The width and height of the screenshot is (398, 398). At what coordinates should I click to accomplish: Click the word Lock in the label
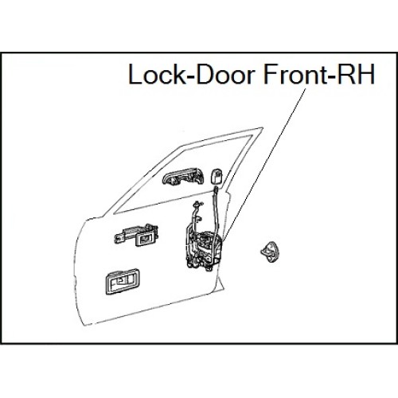coord(154,74)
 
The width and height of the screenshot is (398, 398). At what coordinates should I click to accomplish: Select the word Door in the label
coord(224,74)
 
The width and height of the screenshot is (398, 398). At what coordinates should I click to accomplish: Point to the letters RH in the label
coord(356,74)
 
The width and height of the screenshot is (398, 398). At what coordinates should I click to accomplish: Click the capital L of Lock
coord(135,74)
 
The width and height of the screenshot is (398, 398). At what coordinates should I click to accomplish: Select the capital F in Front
coord(270,74)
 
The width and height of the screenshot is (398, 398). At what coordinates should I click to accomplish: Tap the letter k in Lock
coord(174,74)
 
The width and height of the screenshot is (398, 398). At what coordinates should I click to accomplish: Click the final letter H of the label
coord(366,74)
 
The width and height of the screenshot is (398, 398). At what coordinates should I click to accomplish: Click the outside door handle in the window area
coord(183,176)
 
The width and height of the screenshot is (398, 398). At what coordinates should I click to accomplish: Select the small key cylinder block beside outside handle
coord(217,177)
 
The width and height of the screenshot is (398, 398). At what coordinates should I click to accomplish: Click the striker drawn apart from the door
coord(270,252)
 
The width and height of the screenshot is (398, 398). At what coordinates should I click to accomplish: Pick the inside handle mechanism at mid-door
coord(136,235)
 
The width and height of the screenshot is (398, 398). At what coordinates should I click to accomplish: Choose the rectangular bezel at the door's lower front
coord(123,282)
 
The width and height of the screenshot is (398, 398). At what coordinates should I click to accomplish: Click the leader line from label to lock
coord(263,165)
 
